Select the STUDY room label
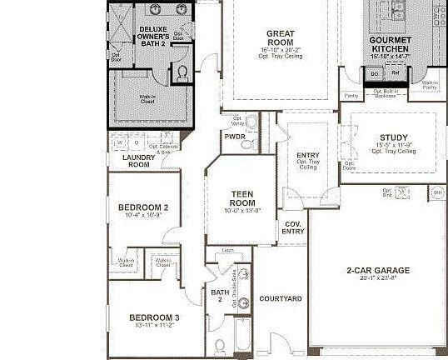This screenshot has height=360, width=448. click(393, 137)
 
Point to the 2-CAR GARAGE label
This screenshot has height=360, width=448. click(378, 271)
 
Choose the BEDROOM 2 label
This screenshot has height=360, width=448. click(143, 207)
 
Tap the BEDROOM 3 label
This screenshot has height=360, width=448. click(154, 317)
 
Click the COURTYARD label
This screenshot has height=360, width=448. click(280, 297)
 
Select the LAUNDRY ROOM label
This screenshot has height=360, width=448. click(138, 161)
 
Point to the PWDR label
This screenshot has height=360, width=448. click(234, 137)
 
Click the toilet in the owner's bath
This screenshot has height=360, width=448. click(182, 75)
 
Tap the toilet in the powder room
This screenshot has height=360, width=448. click(247, 143)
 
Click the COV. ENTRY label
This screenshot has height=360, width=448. click(293, 227)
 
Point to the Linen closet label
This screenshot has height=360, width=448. click(227, 250)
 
